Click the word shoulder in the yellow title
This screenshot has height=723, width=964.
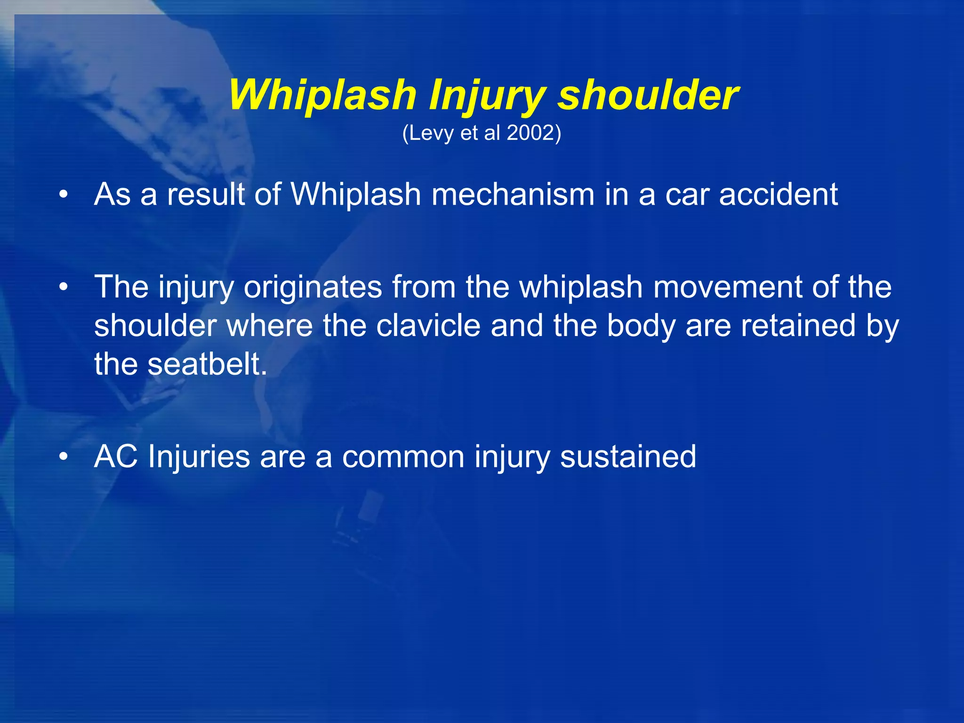648,95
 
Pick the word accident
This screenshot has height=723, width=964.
779,194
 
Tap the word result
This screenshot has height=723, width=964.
206,194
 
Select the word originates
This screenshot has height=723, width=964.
313,287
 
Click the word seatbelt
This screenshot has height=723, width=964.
207,364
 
